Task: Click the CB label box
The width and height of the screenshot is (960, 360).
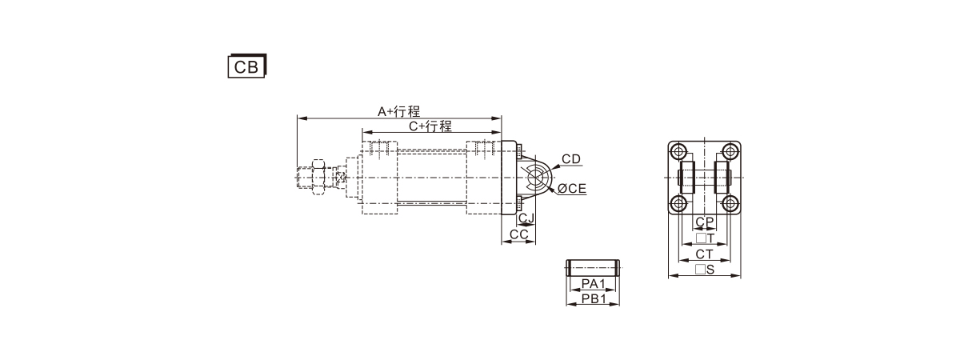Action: [x=247, y=66]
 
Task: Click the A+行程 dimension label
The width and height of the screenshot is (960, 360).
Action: [x=398, y=111]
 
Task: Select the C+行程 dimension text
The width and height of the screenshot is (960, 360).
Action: [x=430, y=126]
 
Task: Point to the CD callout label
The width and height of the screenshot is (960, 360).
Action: [x=571, y=159]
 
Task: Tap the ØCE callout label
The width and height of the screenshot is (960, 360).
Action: [x=572, y=189]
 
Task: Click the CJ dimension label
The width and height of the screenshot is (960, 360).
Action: [x=526, y=218]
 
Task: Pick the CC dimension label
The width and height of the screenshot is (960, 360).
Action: [x=519, y=234]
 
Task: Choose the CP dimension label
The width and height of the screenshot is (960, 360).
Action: [x=705, y=222]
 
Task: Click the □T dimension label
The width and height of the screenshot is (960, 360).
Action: [x=705, y=238]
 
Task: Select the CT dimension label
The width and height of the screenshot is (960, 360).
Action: [x=704, y=254]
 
